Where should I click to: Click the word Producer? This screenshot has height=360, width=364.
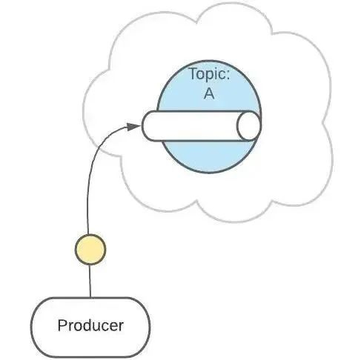[x=90, y=325]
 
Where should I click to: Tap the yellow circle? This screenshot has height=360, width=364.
[x=90, y=250]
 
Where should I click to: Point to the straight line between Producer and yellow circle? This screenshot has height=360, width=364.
[x=90, y=281]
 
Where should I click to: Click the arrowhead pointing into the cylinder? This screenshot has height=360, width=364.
[x=133, y=127]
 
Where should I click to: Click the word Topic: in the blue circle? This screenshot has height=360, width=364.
[x=210, y=73]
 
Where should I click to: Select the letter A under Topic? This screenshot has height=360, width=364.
[x=209, y=93]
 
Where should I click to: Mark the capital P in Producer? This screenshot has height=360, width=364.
[x=62, y=325]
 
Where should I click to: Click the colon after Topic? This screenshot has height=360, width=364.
[x=228, y=75]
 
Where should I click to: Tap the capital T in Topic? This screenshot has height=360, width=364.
[x=193, y=73]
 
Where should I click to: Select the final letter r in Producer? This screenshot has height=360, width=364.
[x=121, y=327]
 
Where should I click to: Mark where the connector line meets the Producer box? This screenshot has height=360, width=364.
[x=90, y=298]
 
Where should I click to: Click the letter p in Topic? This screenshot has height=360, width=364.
[x=212, y=76]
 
